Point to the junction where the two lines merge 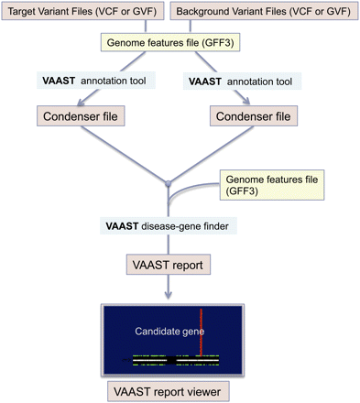tap(169, 184)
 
